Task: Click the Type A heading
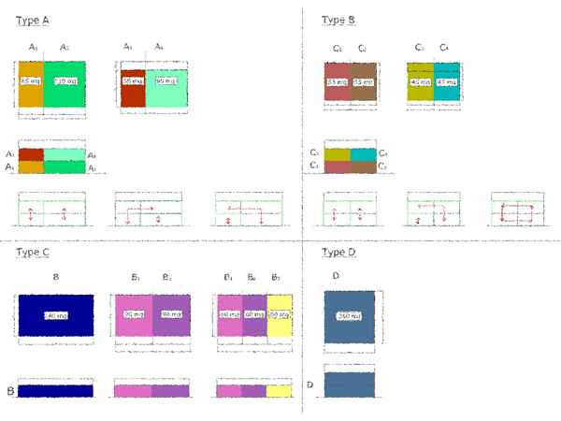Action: (x=33, y=20)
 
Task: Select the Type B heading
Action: (x=338, y=20)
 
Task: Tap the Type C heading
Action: (x=33, y=253)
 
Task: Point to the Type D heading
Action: (x=338, y=253)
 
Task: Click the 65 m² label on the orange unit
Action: (x=31, y=81)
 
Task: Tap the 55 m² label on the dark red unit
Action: (x=132, y=81)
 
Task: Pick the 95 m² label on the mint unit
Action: (x=165, y=81)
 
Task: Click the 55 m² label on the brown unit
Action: (x=364, y=81)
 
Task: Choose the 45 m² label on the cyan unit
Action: (x=447, y=81)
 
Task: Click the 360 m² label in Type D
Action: (x=349, y=315)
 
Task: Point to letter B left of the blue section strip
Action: (x=10, y=390)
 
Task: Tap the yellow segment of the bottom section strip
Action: (x=279, y=390)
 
